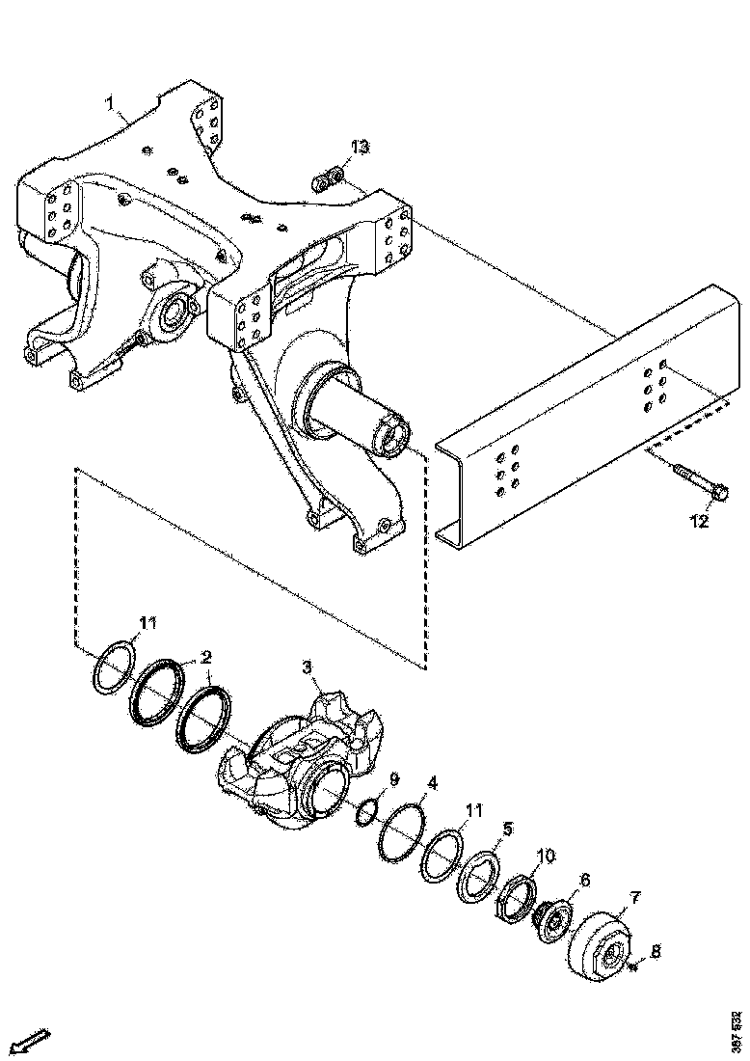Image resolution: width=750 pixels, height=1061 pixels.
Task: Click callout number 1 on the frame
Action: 111,101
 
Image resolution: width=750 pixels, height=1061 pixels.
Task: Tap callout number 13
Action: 360,148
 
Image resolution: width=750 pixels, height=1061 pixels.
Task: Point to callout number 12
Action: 699,522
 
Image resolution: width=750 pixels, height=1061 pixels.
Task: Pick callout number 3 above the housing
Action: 306,667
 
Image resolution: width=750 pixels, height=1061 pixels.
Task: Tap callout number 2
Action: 204,657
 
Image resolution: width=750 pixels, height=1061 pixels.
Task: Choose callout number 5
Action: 507,829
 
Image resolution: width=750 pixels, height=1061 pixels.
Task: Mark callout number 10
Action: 547,856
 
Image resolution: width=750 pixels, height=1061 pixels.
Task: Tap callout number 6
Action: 584,881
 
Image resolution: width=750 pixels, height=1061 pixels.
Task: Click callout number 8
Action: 656,952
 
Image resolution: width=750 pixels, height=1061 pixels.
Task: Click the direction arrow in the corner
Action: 31,1041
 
